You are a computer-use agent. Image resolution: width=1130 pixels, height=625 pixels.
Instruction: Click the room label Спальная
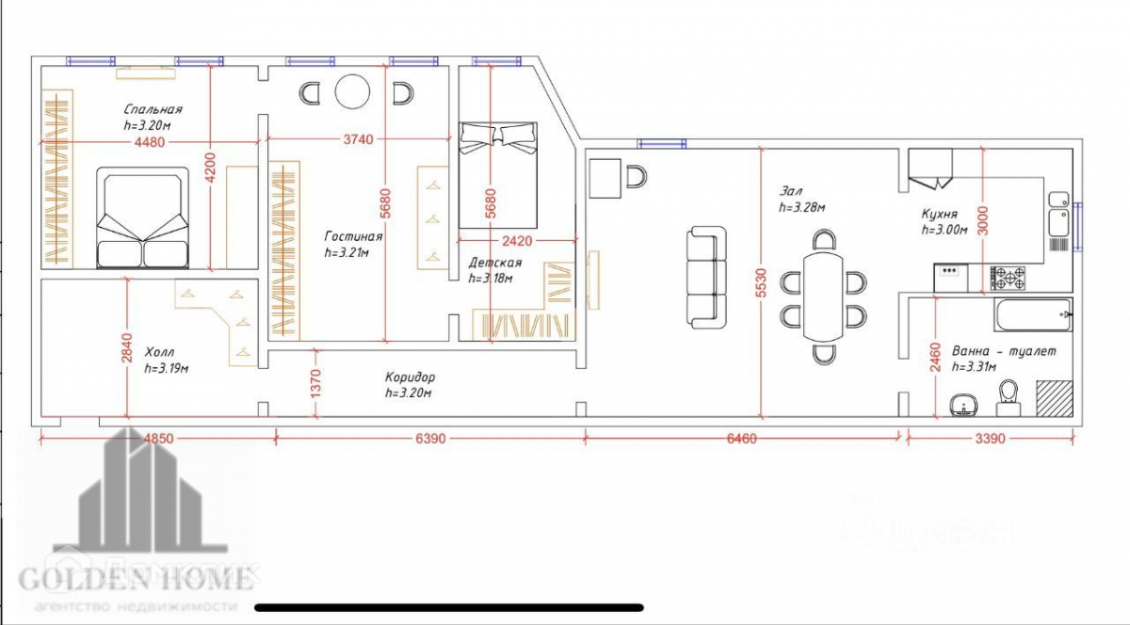pos(153,109)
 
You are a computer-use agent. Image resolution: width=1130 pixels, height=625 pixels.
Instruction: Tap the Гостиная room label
pos(353,236)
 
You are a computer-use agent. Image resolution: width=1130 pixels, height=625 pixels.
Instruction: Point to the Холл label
pos(160,353)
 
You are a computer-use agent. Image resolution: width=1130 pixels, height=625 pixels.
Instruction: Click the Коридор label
pos(410,377)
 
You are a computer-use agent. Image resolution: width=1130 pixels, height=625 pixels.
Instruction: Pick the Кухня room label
pos(940,214)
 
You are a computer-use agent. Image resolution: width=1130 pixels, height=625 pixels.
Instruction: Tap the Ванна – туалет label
pos(1004,351)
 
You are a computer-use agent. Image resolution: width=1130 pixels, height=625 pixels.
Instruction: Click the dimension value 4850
pos(156,439)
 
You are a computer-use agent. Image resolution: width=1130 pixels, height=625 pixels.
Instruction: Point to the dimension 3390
pos(991,439)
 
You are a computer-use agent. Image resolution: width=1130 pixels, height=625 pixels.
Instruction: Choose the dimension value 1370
pos(316,384)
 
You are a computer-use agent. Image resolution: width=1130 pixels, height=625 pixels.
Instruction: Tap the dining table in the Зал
pos(825,296)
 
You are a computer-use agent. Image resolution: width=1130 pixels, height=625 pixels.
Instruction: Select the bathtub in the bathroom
pos(1033,314)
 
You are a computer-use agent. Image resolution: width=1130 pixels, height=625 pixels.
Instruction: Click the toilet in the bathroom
pos(1009,397)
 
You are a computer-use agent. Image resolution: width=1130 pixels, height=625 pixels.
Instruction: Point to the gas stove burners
pos(1010,278)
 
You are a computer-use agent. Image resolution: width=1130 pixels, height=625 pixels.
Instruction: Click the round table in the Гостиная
pos(353,92)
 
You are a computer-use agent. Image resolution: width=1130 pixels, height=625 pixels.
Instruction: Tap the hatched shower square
pos(1054,397)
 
